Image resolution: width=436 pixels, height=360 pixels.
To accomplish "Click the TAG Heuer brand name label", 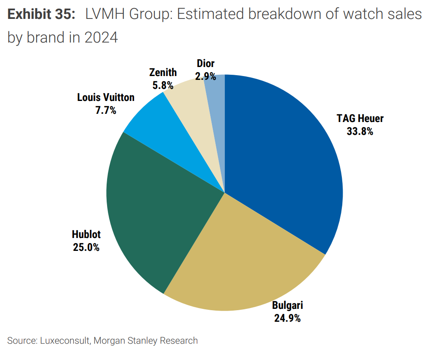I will [x=360, y=119].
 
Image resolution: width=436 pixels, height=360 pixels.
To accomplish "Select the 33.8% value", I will [x=360, y=131].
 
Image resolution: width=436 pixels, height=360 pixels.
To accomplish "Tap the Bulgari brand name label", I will [x=287, y=305].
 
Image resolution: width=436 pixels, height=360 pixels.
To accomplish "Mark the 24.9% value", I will [x=287, y=318].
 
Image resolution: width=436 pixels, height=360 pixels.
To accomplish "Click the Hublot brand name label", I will [x=86, y=235].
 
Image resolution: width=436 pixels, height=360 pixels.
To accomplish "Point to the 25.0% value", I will [x=86, y=247].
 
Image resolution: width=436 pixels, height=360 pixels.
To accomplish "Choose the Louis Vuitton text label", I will [x=106, y=97].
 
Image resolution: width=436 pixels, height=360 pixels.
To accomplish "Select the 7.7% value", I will [x=106, y=110].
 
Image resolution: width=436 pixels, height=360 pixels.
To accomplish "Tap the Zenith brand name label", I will [x=163, y=72].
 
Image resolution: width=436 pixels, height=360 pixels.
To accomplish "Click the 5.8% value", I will [x=163, y=85].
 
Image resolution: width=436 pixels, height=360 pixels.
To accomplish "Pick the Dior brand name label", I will [x=206, y=64].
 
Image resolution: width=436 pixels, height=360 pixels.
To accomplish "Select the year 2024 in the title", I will [x=101, y=37].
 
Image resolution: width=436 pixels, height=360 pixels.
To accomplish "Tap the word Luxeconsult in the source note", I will [x=65, y=341].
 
